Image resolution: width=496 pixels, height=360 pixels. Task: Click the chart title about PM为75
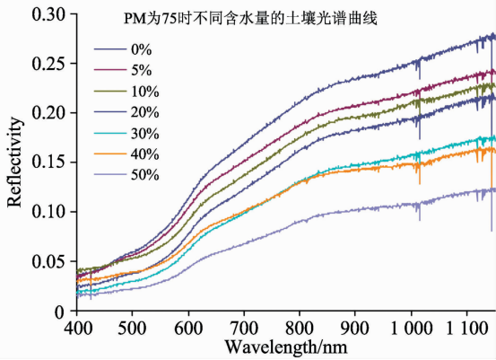click(x=250, y=19)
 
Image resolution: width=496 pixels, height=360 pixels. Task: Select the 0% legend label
click(x=142, y=49)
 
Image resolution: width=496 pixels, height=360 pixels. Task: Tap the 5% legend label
click(x=142, y=70)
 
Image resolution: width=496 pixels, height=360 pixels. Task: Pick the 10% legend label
click(x=145, y=92)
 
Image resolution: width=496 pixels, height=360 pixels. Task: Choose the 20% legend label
click(x=145, y=112)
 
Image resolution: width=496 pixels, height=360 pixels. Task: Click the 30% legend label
click(x=145, y=133)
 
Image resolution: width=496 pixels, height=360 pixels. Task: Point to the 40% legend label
click(x=145, y=154)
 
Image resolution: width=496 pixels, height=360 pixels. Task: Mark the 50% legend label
click(x=145, y=175)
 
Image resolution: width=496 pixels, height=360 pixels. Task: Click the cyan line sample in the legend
click(x=109, y=133)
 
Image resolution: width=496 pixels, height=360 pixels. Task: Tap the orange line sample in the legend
click(x=109, y=154)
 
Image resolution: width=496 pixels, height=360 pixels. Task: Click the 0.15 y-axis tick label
click(x=48, y=162)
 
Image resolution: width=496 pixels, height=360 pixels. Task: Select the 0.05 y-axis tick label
click(x=48, y=261)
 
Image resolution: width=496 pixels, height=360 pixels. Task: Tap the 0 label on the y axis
click(x=59, y=312)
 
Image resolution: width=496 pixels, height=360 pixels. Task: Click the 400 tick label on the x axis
click(x=78, y=328)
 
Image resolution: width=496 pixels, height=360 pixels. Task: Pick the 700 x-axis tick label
click(x=244, y=328)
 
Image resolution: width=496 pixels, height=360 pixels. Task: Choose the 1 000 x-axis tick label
click(x=411, y=328)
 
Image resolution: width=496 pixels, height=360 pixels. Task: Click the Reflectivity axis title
click(x=15, y=162)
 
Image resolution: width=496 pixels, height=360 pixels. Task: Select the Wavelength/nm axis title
click(x=285, y=347)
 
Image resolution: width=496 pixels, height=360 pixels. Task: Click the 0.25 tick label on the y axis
click(x=48, y=64)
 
